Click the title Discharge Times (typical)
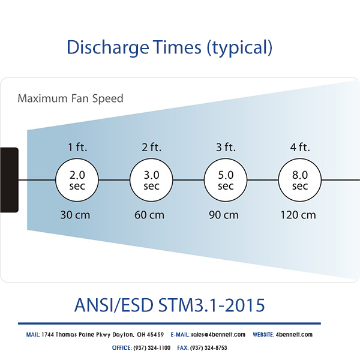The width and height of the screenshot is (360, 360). point(169,47)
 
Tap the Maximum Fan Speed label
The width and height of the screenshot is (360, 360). point(70,98)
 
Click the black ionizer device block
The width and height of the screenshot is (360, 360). point(9,179)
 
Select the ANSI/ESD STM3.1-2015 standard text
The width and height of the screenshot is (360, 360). point(169,305)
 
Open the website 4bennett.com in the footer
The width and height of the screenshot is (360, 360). point(293,335)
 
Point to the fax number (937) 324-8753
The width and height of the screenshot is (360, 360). point(208,348)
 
